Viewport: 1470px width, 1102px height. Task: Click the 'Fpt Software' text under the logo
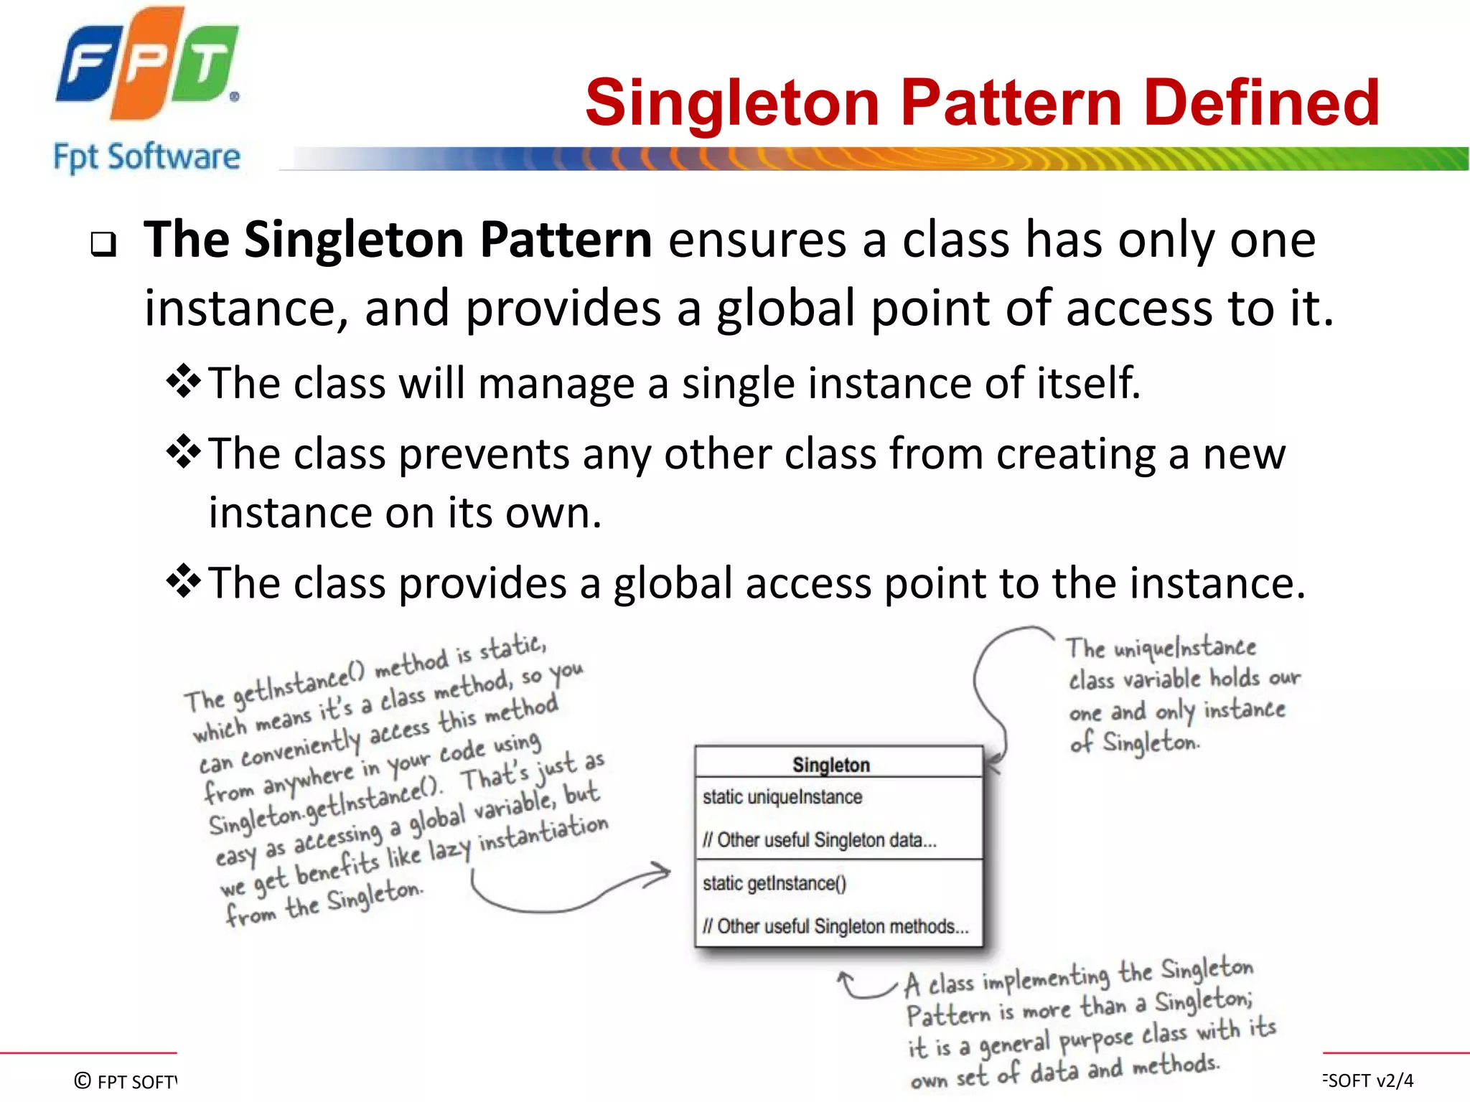(x=147, y=157)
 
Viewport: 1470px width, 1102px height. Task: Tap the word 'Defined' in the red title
(x=1261, y=103)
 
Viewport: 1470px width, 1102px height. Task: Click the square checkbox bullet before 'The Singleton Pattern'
(x=103, y=245)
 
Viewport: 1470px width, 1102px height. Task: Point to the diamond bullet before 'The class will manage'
(x=184, y=381)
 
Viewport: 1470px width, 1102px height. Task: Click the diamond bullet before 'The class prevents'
(x=184, y=452)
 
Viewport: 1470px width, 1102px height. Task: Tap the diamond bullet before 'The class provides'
(x=184, y=581)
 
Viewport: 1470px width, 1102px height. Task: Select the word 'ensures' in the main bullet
(x=757, y=240)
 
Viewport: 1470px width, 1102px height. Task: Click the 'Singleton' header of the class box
(x=831, y=765)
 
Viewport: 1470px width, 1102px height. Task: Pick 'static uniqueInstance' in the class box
(x=782, y=797)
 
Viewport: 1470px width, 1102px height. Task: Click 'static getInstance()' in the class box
(x=774, y=883)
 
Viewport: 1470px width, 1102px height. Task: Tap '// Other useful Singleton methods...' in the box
(x=835, y=926)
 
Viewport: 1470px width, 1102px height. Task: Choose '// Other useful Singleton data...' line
(x=820, y=840)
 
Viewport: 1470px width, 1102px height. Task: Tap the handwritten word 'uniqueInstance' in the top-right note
(x=1184, y=648)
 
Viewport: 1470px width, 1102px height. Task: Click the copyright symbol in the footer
(x=83, y=1080)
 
